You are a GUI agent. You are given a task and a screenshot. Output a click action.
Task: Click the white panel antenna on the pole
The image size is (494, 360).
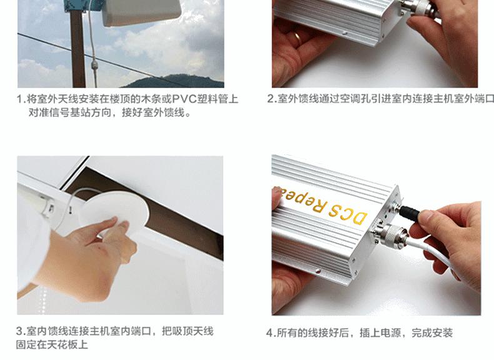coord(142,12)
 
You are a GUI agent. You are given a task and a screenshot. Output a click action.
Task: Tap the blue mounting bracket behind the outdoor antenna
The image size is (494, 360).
coord(83,6)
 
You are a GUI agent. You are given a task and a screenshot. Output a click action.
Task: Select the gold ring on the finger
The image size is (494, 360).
coord(297,36)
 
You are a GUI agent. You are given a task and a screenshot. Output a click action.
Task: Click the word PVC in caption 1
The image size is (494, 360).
coord(184,99)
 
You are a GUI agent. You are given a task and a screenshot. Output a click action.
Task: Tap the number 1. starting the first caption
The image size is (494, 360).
coord(21,99)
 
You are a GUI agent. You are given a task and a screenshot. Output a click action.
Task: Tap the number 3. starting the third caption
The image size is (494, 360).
coord(21,331)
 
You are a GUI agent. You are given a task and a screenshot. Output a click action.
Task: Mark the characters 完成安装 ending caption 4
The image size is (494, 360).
coord(432,332)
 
